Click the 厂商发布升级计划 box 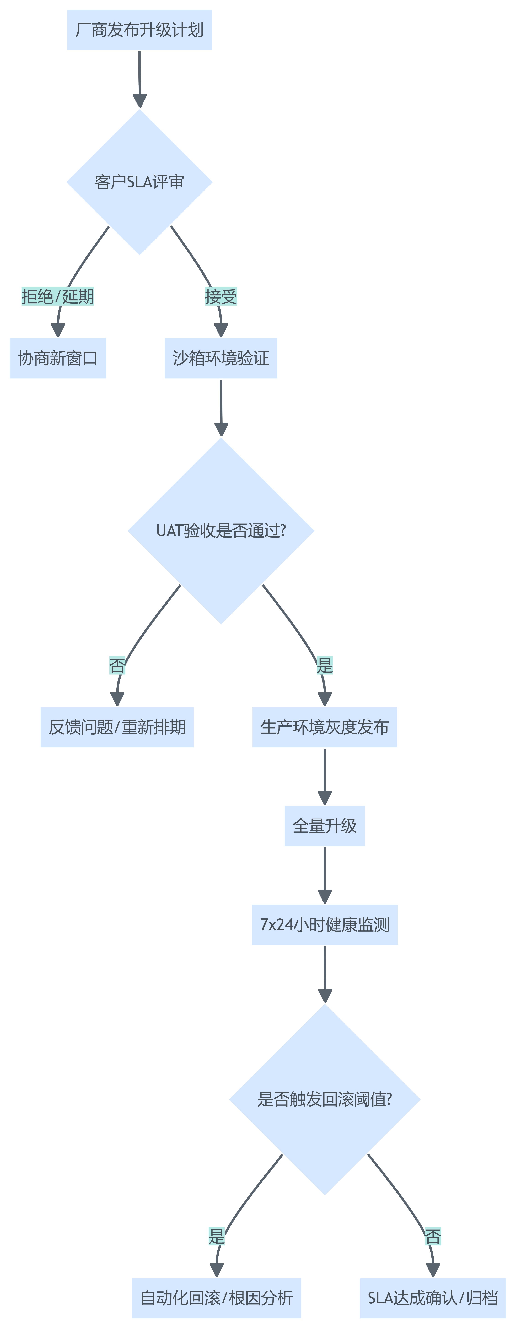[139, 30]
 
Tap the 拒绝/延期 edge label [58, 296]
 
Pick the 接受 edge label [221, 296]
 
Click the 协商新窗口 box [58, 358]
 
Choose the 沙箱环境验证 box [221, 358]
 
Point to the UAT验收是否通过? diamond [221, 530]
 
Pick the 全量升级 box [325, 826]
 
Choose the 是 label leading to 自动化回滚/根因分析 [217, 1236]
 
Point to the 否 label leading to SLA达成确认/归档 [433, 1236]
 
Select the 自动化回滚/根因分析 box [217, 1298]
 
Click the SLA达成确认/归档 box [433, 1298]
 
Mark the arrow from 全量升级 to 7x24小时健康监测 [325, 875]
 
